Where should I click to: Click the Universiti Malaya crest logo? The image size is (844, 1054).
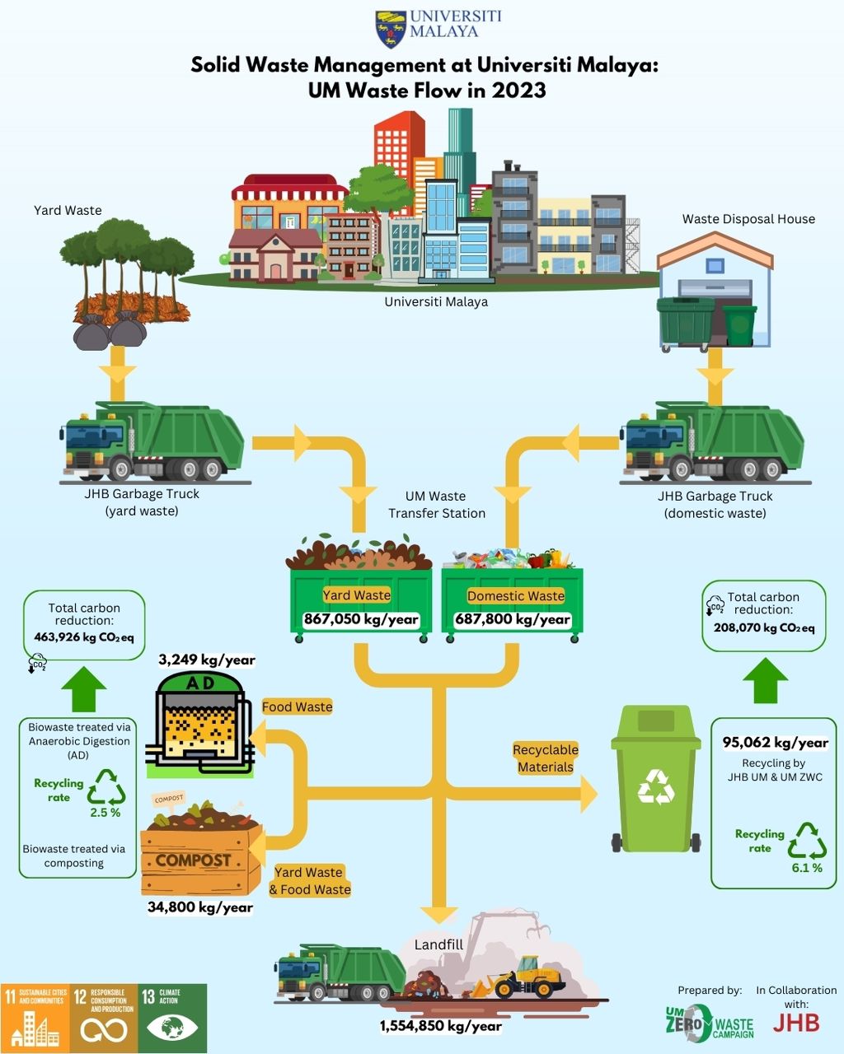pos(391,30)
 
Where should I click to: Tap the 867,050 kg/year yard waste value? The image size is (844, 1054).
pos(360,619)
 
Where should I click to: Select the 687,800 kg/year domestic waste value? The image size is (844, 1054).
pos(513,619)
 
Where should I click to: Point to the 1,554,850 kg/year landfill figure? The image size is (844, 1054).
pos(440,1026)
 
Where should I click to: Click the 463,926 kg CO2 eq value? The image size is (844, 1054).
pos(84,637)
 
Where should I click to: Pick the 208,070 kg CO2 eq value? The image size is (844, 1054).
pos(764,628)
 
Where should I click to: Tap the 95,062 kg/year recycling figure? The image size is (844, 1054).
pos(775,743)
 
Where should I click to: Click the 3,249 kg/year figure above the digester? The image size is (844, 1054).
pos(207,660)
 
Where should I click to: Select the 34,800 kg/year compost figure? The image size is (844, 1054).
pos(200,907)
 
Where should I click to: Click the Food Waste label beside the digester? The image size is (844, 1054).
pos(297,707)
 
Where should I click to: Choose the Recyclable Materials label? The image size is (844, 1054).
pos(545,758)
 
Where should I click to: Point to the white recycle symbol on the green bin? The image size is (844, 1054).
pos(656,787)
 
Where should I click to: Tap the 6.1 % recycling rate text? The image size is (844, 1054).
pos(807,868)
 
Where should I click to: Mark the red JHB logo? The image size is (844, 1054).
pos(796,1023)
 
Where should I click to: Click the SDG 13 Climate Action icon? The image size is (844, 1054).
pos(172,1018)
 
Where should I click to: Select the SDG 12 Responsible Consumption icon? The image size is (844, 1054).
pos(103,1018)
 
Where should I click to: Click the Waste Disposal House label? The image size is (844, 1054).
pos(748,219)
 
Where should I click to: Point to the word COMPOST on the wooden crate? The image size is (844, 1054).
pos(193,860)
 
